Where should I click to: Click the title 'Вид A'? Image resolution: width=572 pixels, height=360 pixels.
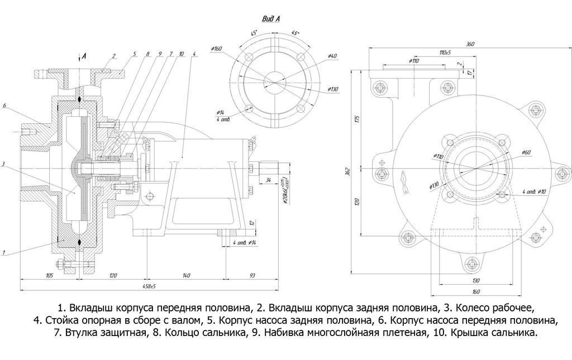point(271,19)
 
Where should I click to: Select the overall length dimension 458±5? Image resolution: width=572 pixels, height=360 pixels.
point(148,286)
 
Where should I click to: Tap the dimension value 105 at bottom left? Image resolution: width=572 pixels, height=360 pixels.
point(49,276)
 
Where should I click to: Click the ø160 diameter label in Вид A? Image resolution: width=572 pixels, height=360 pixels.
point(217,49)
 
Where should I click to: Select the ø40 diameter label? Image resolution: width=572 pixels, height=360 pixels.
point(332,56)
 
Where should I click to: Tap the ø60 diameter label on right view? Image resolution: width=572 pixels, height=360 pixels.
point(526,152)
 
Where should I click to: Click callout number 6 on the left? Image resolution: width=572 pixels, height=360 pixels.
point(4,105)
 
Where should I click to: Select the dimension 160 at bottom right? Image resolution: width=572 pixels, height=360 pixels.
point(475,290)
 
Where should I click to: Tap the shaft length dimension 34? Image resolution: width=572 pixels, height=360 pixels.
point(269,180)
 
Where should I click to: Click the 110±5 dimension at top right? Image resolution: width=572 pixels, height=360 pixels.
point(445,52)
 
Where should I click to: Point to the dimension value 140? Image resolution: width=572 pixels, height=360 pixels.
point(186,276)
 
